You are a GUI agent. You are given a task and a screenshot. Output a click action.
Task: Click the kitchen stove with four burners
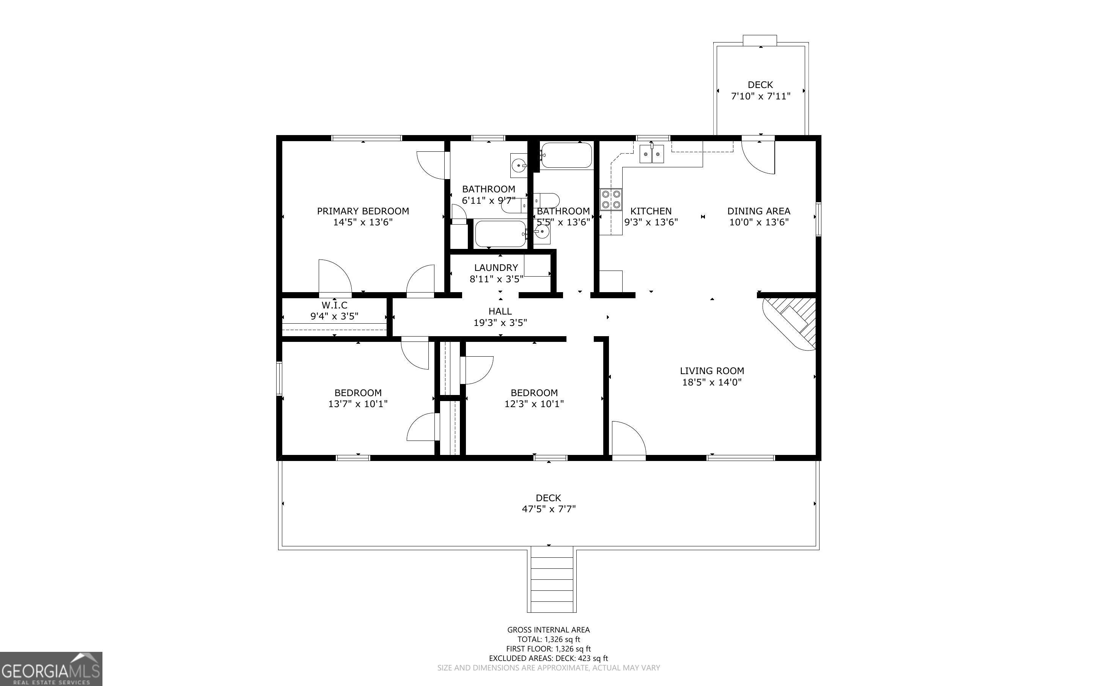click(610, 199)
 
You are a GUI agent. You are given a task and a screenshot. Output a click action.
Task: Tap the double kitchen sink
click(652, 154)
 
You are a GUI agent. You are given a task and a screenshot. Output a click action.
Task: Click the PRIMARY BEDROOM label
click(363, 211)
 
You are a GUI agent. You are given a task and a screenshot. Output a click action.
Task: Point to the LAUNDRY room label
click(496, 268)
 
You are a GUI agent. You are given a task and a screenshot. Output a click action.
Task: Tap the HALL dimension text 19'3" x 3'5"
click(500, 323)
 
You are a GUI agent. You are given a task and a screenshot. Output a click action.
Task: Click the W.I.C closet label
click(334, 305)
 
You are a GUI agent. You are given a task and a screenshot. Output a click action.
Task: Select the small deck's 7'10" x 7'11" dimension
click(761, 96)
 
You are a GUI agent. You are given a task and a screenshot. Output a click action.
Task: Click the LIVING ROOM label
click(712, 371)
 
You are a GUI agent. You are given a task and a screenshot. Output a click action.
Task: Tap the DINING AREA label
click(759, 211)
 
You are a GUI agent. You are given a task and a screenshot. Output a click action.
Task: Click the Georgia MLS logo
click(51, 669)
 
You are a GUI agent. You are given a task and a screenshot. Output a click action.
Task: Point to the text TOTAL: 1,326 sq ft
click(548, 640)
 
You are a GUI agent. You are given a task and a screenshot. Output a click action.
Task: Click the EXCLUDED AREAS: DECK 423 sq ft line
click(548, 658)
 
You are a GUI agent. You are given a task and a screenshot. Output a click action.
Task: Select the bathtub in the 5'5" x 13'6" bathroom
click(566, 156)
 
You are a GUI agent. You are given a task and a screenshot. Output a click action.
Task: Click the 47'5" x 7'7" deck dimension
click(548, 509)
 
